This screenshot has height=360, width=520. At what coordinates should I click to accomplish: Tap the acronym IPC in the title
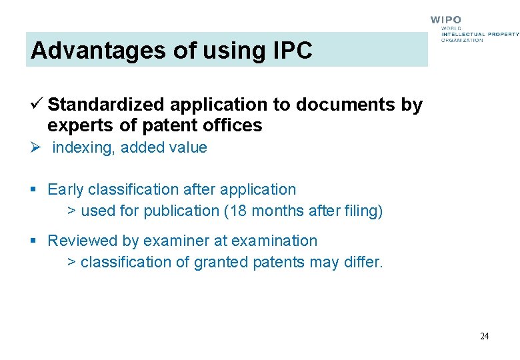tap(291, 51)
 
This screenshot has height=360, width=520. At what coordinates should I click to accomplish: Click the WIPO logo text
tap(445, 21)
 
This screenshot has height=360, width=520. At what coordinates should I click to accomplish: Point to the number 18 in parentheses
tap(239, 211)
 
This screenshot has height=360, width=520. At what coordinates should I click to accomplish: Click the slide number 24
tap(484, 336)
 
